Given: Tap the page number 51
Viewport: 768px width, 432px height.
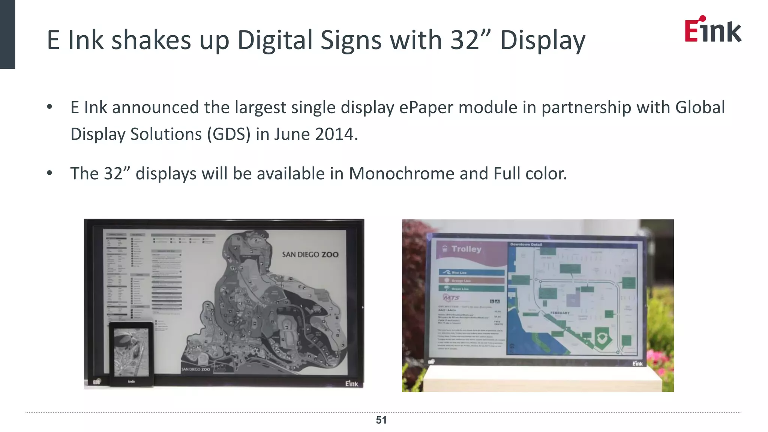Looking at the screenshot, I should tap(381, 420).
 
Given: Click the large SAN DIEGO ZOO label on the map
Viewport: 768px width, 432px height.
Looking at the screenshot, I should tap(310, 255).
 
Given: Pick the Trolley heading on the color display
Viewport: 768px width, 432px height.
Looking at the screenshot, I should tap(466, 249).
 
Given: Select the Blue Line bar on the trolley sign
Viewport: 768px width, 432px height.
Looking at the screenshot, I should tap(471, 272).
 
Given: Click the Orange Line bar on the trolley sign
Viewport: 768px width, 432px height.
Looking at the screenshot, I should tap(471, 280).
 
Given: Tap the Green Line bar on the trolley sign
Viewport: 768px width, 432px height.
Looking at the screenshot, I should tap(471, 289).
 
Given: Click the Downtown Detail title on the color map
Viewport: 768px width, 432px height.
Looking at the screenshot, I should tap(526, 244).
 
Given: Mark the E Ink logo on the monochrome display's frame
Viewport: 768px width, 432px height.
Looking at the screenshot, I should tap(351, 384).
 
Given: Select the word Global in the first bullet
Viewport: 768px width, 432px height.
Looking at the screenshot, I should tap(700, 108).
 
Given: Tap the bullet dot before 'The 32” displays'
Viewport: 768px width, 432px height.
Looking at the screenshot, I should tap(49, 173).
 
